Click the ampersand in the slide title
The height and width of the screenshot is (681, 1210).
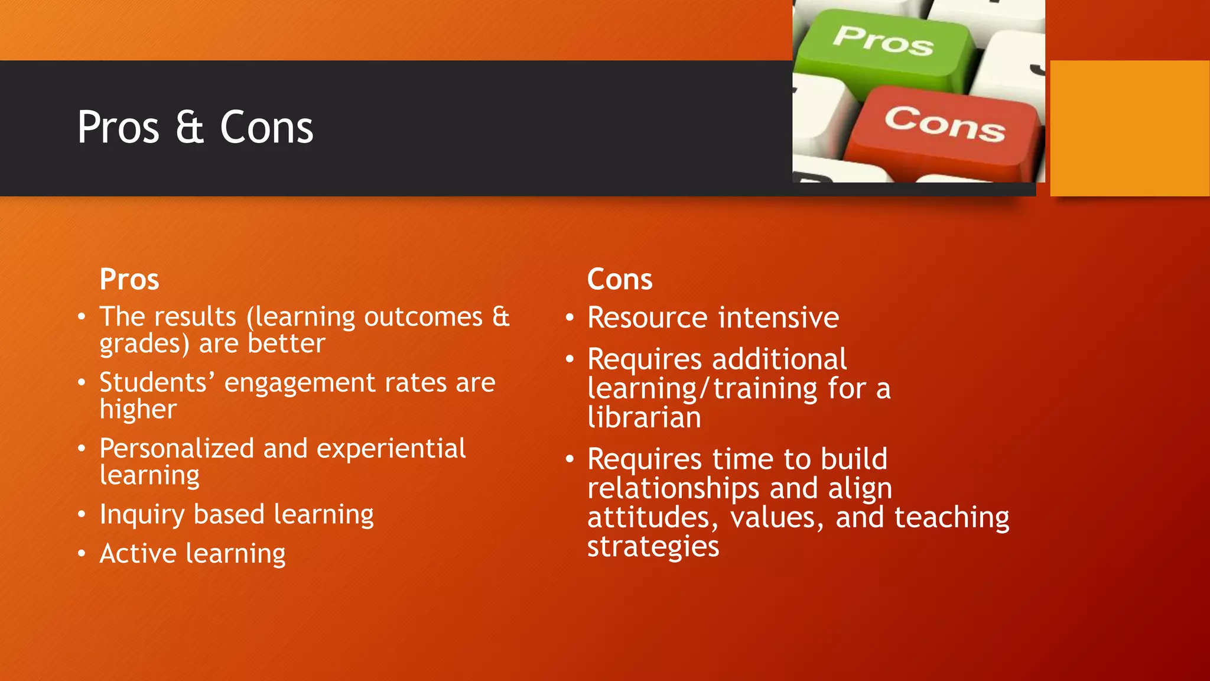coord(190,128)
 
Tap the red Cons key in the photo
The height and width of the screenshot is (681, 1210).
coord(944,127)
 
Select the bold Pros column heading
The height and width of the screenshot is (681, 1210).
coord(129,279)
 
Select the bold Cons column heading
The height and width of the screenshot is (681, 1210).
coord(620,279)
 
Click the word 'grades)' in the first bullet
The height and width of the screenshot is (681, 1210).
coord(144,344)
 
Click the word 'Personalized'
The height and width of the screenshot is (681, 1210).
coord(177,449)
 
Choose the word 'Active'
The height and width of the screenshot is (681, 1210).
coord(138,554)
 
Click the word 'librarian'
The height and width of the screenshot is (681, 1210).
coord(644,418)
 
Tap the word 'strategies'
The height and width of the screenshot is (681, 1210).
coord(653,547)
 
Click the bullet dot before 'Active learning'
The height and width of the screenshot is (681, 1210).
coord(82,554)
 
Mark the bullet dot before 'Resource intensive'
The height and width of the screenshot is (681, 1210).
coord(570,318)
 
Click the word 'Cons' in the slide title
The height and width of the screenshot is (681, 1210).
coord(266,128)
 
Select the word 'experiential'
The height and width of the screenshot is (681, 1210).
coord(391,449)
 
